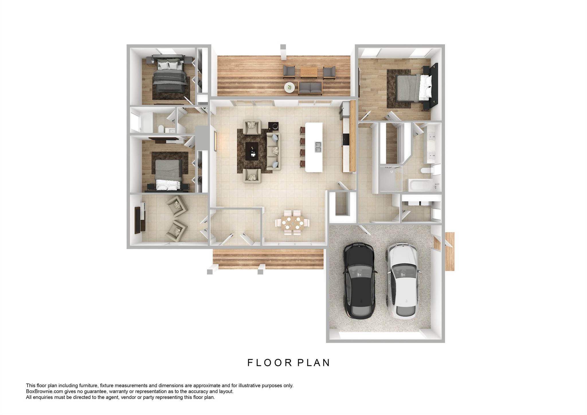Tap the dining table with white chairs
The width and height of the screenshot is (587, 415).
(x=293, y=223)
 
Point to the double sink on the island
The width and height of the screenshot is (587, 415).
(x=318, y=147)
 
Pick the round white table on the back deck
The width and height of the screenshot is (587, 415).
(x=290, y=87)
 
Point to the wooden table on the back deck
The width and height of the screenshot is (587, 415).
(x=309, y=72)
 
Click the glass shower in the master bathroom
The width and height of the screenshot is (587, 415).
(x=391, y=178)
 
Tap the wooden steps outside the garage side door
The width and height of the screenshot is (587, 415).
(x=450, y=252)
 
